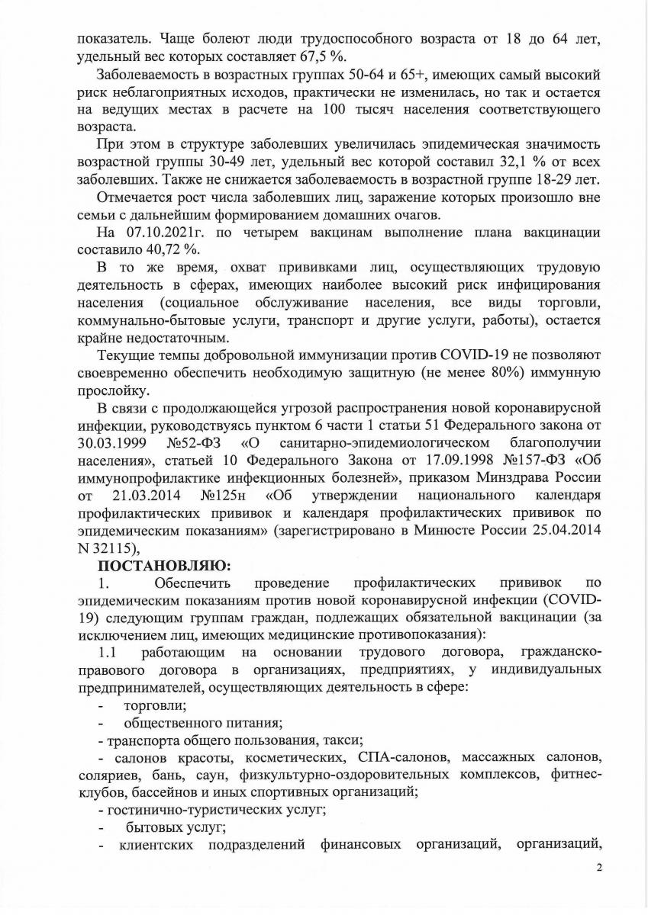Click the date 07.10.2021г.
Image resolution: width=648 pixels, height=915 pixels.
(160, 233)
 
